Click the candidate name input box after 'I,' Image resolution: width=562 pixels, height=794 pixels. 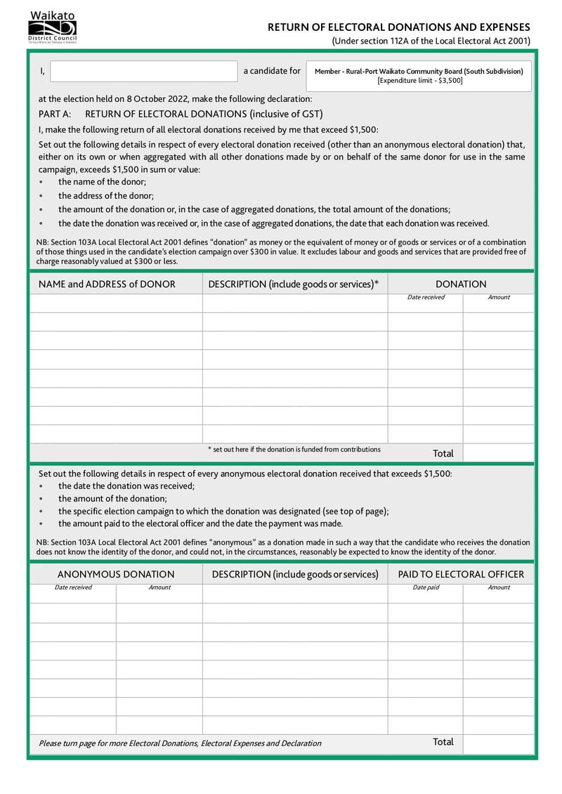(x=144, y=71)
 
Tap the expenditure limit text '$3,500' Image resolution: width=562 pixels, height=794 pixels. (x=449, y=81)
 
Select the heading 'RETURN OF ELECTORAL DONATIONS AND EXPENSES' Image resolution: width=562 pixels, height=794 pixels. (x=399, y=27)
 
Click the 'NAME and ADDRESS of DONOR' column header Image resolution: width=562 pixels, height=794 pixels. (x=107, y=284)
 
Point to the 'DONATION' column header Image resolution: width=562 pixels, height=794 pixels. (x=461, y=284)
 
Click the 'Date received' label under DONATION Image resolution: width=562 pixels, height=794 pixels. (x=426, y=297)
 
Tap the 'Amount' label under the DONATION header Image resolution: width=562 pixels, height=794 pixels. (x=499, y=297)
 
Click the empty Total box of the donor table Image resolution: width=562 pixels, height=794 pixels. (x=498, y=453)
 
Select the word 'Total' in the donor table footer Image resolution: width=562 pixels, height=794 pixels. (x=443, y=453)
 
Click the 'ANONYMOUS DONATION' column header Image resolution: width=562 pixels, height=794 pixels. (x=116, y=574)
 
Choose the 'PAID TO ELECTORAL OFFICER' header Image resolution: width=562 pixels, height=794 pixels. (x=461, y=574)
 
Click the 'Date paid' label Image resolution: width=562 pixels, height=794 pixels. (x=426, y=587)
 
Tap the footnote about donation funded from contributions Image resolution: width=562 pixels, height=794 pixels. (x=294, y=449)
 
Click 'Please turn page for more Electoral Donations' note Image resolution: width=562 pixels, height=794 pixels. (x=180, y=743)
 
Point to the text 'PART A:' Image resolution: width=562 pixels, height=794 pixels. (x=55, y=114)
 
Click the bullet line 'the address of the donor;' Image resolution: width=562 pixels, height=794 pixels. (x=106, y=196)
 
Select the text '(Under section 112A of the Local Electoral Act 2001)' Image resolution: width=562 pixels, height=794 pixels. (x=431, y=41)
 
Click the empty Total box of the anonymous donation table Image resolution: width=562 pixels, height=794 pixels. (x=498, y=742)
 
